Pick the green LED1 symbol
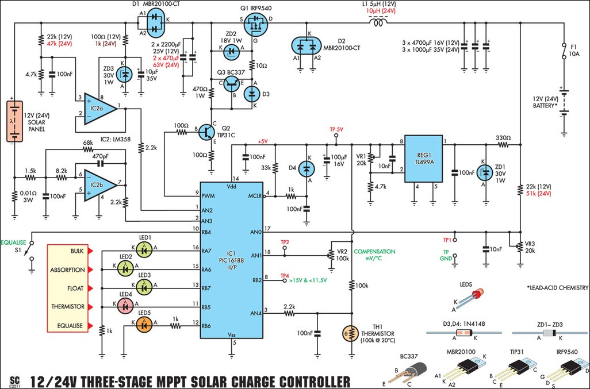pyautogui.click(x=144, y=249)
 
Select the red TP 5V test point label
pyautogui.click(x=336, y=129)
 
